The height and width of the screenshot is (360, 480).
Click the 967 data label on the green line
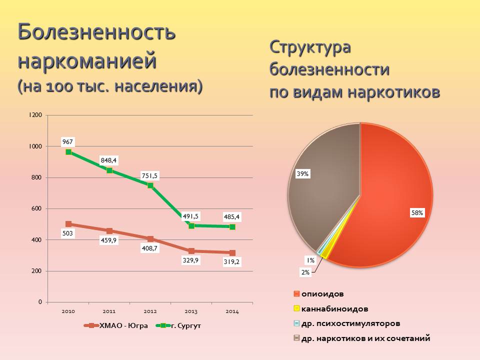68,142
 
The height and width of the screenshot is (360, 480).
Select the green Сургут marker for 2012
150,185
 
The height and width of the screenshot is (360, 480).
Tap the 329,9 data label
191,260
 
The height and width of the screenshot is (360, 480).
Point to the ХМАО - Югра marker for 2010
68,224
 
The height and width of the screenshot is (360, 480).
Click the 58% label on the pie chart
417,213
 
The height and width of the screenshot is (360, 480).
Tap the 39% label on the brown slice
302,174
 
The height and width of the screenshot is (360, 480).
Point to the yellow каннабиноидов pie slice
325,254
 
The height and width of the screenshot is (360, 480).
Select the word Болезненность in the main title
97,32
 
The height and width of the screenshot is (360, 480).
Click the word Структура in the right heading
310,48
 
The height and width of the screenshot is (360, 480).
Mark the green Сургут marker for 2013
191,226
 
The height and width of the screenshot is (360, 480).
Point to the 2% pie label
305,272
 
